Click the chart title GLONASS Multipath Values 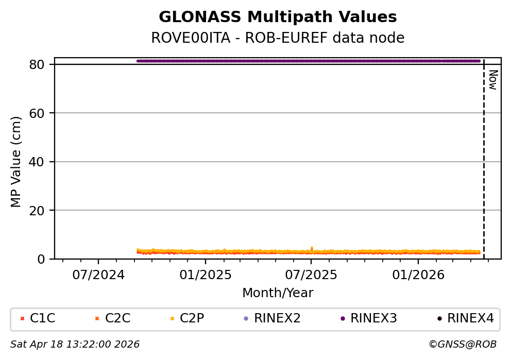278,17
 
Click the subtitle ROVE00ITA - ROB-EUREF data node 278,38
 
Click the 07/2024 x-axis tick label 98,275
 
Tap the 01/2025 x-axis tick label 205,275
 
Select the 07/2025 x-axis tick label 311,275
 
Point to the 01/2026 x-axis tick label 418,275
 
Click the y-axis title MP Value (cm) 16,162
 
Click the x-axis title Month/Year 278,293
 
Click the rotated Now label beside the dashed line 492,80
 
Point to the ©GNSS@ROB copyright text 462,345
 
